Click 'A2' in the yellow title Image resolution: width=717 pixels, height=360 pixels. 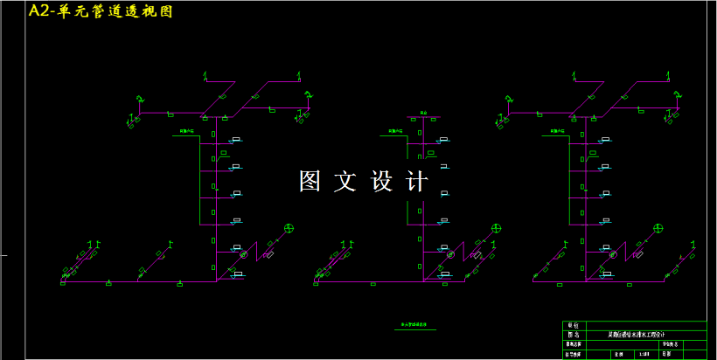(x=40, y=11)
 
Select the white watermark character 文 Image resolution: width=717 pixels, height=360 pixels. (x=348, y=181)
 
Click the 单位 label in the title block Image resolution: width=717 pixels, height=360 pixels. (x=574, y=325)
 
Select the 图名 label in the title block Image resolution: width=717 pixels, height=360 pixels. (x=574, y=335)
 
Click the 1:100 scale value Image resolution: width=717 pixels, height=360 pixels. (x=644, y=354)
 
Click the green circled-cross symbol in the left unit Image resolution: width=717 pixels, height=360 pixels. (x=289, y=228)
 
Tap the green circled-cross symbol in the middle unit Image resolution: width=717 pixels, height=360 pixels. (x=497, y=228)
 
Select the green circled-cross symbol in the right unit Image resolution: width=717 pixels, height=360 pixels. (x=658, y=227)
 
